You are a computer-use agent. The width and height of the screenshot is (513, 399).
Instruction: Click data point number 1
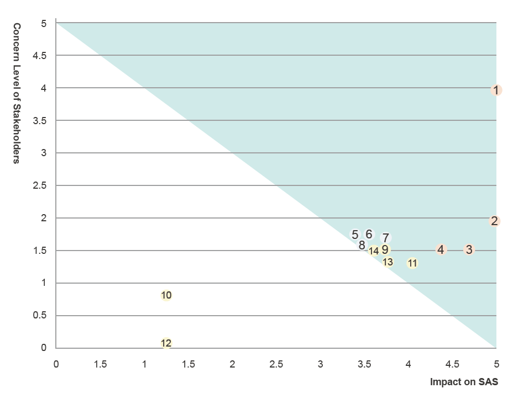(x=496, y=90)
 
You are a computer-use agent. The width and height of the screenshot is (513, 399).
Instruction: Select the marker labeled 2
(x=495, y=221)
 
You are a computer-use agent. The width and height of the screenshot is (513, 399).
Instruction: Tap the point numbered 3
(x=469, y=249)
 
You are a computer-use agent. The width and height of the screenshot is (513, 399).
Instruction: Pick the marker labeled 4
(x=441, y=249)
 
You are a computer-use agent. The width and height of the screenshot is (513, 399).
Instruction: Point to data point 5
(x=355, y=235)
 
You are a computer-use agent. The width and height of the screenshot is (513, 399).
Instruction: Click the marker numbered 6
(x=369, y=234)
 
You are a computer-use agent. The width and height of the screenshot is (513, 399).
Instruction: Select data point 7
(x=386, y=238)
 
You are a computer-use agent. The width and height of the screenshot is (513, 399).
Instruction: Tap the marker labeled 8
(x=362, y=245)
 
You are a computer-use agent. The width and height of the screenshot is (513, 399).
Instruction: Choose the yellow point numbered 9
(x=385, y=249)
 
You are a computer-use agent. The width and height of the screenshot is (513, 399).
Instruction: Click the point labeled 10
(x=166, y=295)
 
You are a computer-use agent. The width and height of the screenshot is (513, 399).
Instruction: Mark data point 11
(x=412, y=263)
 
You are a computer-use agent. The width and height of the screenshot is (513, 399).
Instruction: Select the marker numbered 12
(x=166, y=343)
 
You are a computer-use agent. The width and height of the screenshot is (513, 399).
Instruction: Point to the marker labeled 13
(x=388, y=262)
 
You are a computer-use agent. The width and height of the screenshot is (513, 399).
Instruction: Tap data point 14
(x=374, y=251)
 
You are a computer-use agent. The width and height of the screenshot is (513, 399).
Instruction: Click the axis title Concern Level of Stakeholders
(x=17, y=93)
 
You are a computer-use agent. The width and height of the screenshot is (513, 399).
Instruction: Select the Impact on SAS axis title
(x=464, y=382)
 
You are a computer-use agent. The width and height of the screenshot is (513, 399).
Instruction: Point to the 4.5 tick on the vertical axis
(x=40, y=56)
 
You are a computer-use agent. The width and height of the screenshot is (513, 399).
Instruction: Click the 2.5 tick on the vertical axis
(x=40, y=185)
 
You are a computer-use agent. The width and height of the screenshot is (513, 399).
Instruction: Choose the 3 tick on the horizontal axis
(x=321, y=364)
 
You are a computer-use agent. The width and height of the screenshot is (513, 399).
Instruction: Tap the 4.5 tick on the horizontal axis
(x=452, y=364)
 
